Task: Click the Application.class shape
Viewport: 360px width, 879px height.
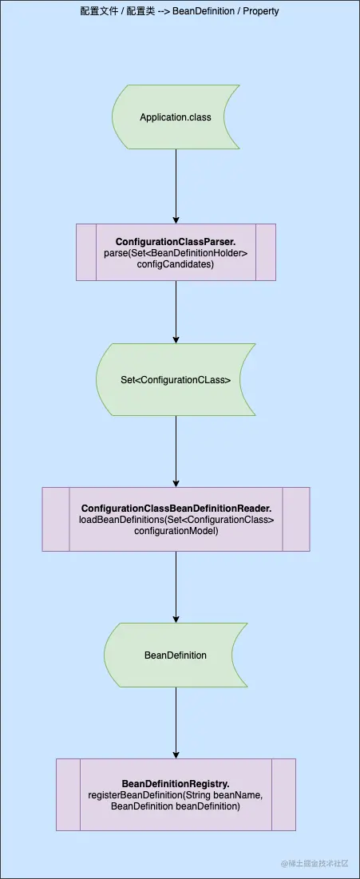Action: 176,117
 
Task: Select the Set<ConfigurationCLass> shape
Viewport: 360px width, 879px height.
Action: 176,380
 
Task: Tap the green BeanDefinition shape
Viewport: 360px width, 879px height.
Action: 176,655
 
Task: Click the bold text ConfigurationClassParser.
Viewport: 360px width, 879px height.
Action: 176,242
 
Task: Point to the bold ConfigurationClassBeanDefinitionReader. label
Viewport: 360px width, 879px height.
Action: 176,509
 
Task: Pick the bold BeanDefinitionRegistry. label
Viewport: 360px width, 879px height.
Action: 176,784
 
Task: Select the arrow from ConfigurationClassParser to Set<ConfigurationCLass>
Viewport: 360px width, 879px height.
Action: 176,311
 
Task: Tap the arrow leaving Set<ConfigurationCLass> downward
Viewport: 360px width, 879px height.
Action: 176,451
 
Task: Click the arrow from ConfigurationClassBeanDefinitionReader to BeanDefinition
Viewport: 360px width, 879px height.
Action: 176,587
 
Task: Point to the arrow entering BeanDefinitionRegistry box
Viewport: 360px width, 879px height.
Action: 176,723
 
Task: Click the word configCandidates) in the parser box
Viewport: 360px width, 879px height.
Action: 176,264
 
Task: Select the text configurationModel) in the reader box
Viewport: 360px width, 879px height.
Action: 176,531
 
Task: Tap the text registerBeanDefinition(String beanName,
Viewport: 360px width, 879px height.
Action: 176,796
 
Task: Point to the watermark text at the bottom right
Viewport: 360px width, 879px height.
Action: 314,863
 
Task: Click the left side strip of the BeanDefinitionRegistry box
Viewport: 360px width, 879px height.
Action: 68,794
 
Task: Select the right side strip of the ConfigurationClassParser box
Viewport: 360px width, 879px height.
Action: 266,252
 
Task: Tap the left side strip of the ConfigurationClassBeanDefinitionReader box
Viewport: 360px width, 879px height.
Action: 56,519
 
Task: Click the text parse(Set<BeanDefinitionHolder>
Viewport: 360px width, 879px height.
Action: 176,253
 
